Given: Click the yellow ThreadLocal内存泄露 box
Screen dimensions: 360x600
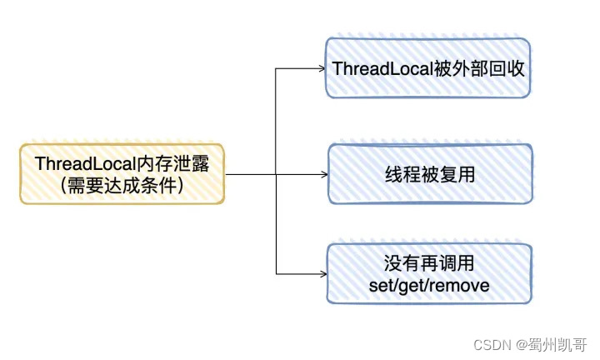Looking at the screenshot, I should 122,174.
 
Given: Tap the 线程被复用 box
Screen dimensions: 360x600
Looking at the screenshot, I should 428,175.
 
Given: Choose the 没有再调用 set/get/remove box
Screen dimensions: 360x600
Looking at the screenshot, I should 428,274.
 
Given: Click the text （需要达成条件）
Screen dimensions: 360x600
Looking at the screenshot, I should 122,186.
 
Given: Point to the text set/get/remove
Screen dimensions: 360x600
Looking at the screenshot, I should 428,285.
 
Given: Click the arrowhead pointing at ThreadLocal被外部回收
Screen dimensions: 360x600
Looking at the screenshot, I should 322,68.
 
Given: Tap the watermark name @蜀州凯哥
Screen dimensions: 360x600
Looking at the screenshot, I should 551,343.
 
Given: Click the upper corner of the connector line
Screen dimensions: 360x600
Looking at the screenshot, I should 276,68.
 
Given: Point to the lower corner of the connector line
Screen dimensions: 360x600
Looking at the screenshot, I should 276,274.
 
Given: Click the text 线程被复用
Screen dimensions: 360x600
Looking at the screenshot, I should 428,175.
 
